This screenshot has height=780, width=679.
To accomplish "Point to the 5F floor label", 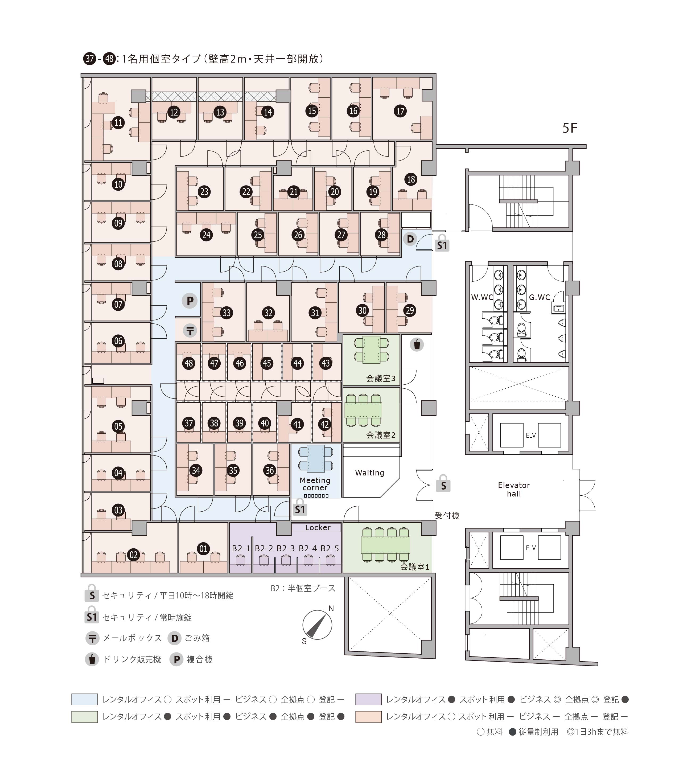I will pyautogui.click(x=570, y=129).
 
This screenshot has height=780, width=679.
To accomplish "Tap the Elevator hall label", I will pyautogui.click(x=513, y=489).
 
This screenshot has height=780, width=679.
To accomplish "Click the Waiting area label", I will pyautogui.click(x=369, y=473).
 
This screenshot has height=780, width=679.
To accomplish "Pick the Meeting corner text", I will pyautogui.click(x=315, y=484).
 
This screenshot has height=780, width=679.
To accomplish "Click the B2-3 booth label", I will pyautogui.click(x=285, y=548).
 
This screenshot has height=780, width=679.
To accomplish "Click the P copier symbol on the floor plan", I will pyautogui.click(x=190, y=301).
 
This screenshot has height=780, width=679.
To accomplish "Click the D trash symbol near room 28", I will pyautogui.click(x=410, y=239).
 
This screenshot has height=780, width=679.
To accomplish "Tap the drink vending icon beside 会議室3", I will pyautogui.click(x=417, y=344).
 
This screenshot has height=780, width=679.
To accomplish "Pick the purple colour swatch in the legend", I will pyautogui.click(x=368, y=699).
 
